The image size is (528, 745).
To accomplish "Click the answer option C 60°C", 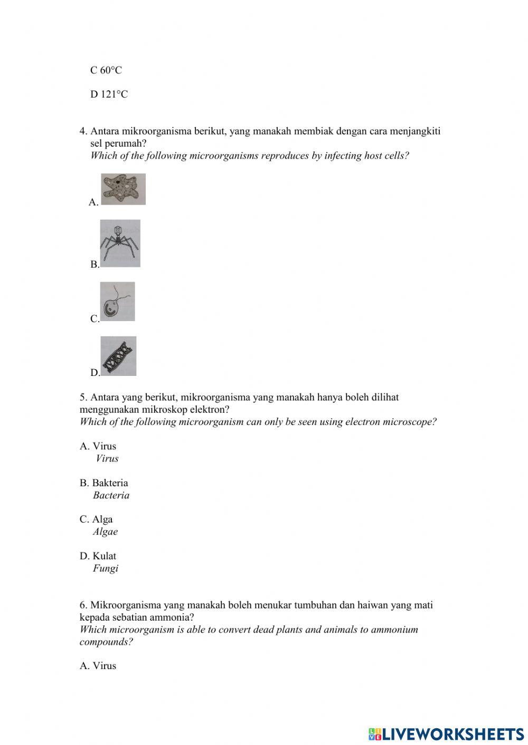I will (106, 70).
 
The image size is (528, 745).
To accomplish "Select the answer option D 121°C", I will (109, 94).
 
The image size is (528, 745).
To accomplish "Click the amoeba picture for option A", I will (123, 189).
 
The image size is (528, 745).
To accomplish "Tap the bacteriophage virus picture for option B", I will (120, 243).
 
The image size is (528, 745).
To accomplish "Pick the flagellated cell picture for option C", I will (117, 302).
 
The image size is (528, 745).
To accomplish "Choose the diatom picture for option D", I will (118, 356).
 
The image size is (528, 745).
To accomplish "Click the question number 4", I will (83, 131).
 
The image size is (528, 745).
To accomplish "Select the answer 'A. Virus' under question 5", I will (98, 446).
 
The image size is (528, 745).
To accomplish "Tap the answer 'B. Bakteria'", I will (104, 483).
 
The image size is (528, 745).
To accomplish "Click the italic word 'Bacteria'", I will (111, 495).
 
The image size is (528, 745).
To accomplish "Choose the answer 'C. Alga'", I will (96, 519).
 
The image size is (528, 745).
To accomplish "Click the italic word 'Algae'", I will (105, 531).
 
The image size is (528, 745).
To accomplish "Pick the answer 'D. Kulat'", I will (98, 556).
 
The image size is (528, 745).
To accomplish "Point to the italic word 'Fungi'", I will (105, 568).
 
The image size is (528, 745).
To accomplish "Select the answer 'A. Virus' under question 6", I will (98, 666).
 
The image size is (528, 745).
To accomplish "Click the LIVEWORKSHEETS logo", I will (446, 733).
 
